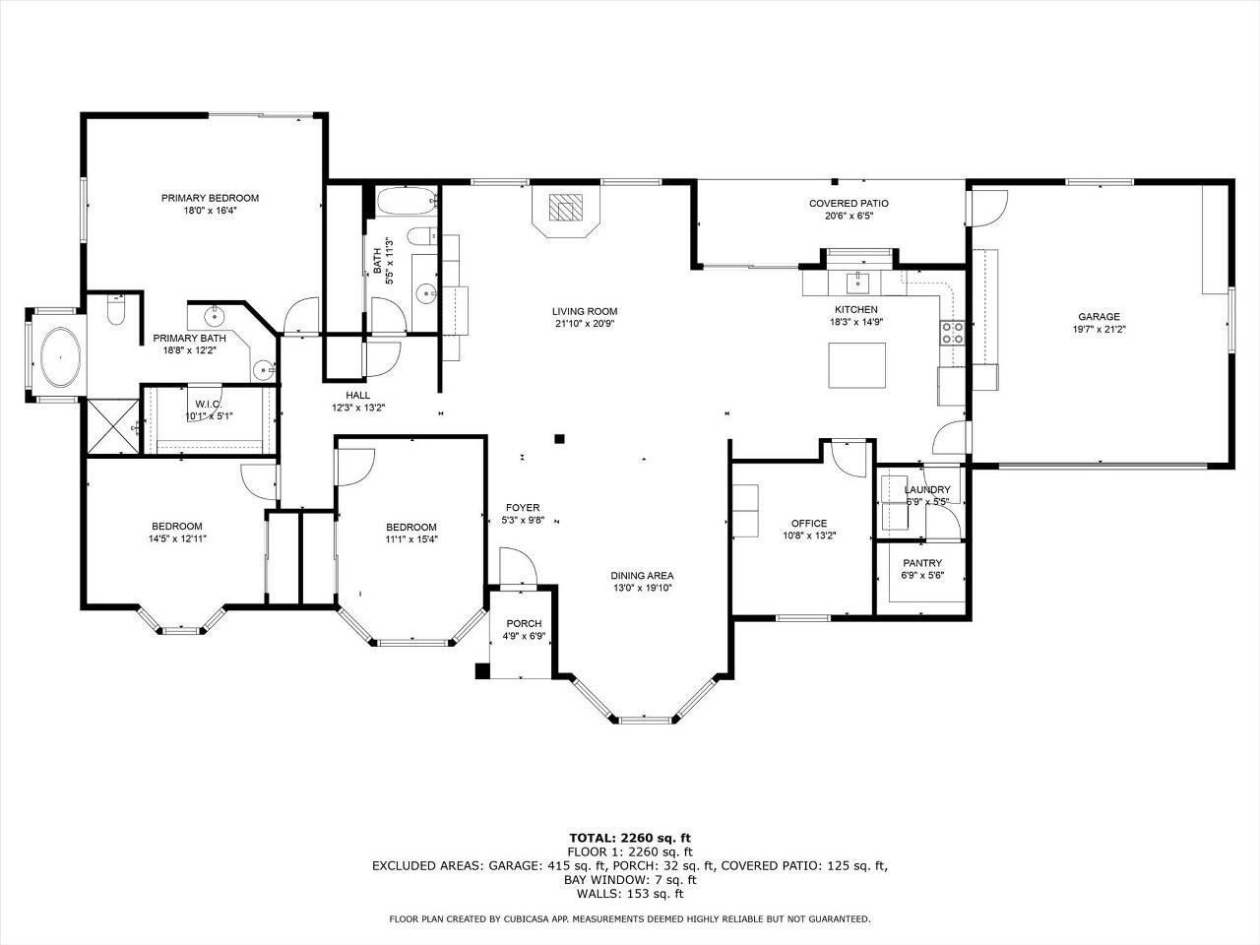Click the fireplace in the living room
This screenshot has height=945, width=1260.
coord(565,210)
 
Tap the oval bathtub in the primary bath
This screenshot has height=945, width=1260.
coord(60,357)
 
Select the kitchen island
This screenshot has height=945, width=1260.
coord(856,365)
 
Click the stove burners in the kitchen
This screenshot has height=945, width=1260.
coord(952,332)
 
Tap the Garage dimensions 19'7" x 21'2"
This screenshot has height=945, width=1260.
coord(1099,330)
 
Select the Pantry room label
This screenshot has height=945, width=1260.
coord(922,563)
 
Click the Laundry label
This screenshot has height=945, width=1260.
coord(927,489)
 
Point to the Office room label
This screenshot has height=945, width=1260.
coord(809,524)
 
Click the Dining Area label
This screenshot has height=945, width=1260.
coord(642,576)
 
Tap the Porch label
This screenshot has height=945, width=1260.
coord(524,624)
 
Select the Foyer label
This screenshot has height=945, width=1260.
coord(523,508)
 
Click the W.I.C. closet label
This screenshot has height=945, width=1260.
coord(209,405)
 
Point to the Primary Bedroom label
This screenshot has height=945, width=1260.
coord(210,198)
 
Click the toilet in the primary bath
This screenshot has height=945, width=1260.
coord(116,310)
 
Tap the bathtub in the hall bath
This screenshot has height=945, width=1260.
coord(407,201)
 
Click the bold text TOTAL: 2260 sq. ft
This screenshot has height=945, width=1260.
coord(630,839)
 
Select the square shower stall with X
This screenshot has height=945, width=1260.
coord(112,425)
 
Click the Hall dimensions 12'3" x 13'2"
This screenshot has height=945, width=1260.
coord(357,408)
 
